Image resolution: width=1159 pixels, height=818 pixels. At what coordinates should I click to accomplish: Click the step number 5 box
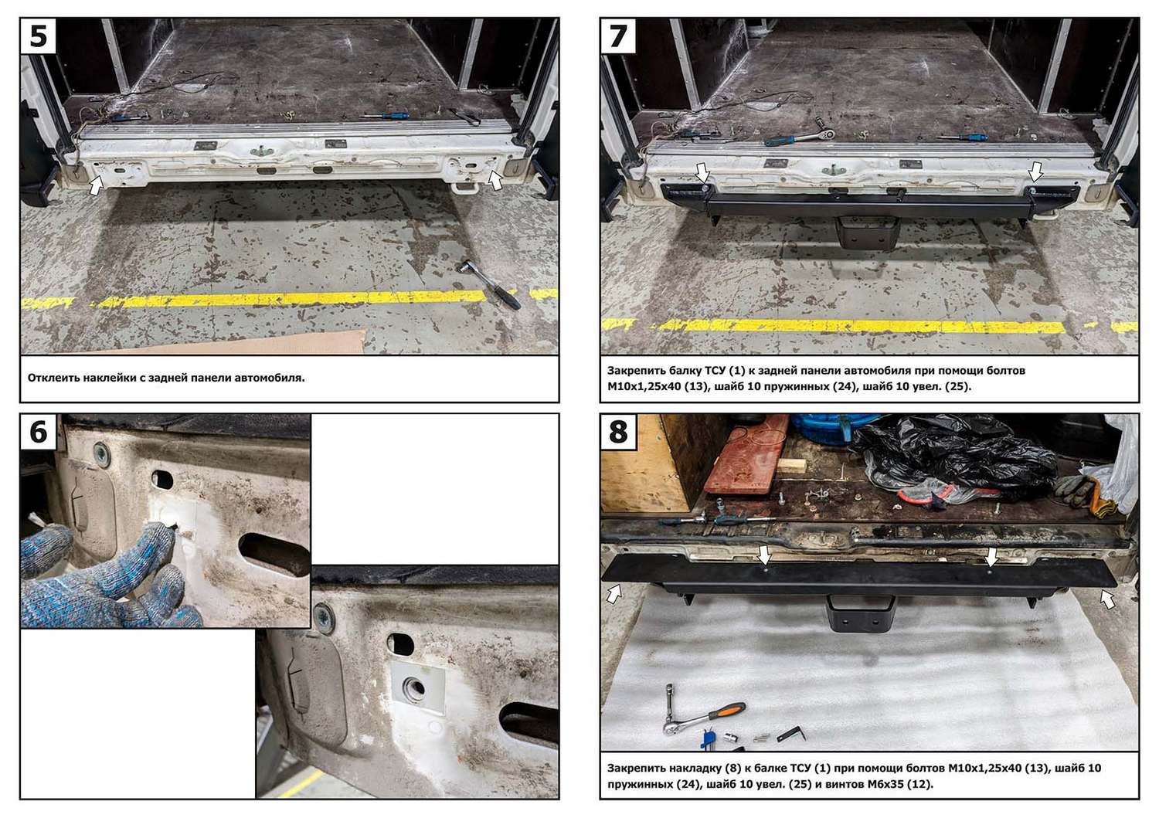point(38,36)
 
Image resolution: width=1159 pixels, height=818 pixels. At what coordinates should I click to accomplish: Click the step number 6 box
point(38,432)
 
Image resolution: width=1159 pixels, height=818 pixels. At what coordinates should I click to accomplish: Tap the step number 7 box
point(618,36)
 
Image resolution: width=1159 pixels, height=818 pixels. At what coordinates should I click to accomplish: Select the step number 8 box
point(618,432)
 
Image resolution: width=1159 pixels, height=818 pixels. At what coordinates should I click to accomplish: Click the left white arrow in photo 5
point(97,185)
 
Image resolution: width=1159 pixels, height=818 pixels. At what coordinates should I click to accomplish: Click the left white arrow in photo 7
point(701,172)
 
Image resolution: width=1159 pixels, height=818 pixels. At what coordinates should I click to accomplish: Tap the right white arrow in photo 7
point(1035,171)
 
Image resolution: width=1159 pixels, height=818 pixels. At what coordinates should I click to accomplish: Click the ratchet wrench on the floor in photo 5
point(488,284)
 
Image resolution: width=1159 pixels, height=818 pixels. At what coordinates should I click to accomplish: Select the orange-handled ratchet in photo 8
point(704,718)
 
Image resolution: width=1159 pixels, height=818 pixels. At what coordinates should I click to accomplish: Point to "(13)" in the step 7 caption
point(696,386)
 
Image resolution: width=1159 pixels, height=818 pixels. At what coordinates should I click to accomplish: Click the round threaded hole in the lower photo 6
point(415,688)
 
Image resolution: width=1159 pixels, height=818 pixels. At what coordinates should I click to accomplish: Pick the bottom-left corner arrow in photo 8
point(613,593)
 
